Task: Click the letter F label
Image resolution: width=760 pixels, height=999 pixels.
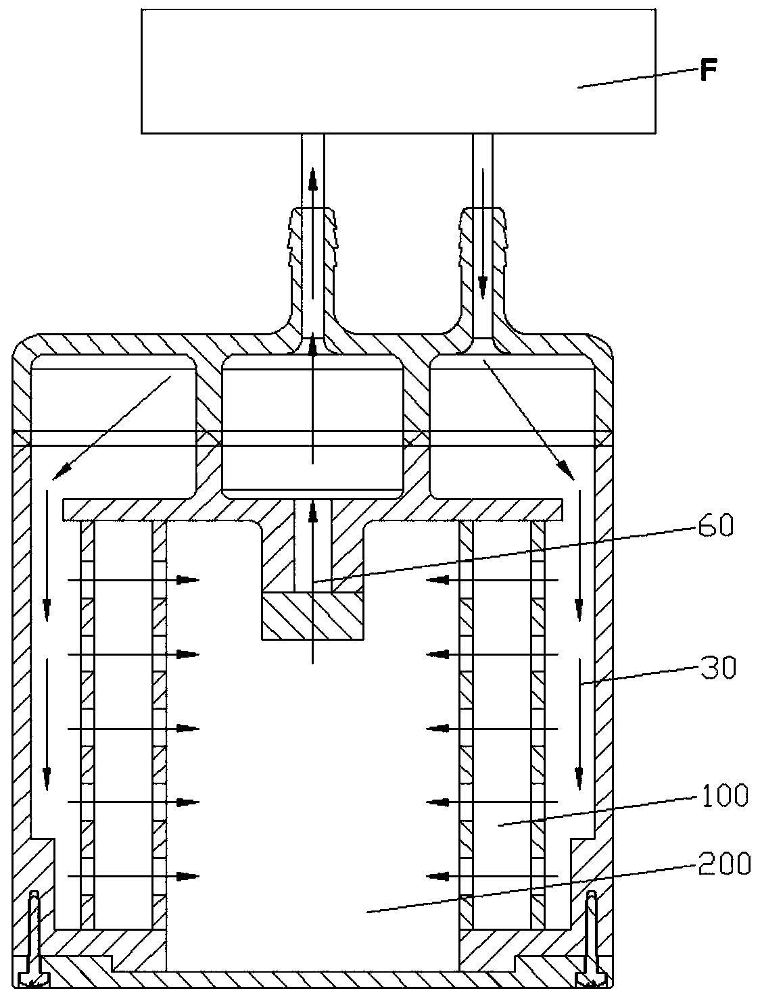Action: point(708,71)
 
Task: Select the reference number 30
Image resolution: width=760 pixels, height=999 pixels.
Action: point(717,669)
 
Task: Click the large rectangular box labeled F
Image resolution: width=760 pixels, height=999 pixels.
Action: point(398,71)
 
